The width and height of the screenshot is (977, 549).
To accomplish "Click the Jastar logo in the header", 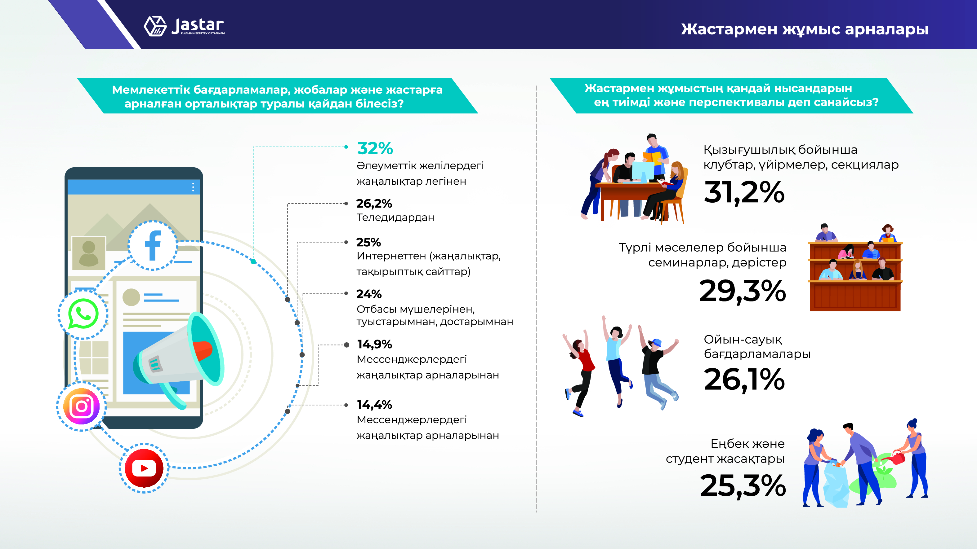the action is click(184, 26).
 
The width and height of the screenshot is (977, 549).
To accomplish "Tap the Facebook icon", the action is click(153, 245).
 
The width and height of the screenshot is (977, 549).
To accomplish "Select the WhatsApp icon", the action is click(83, 314).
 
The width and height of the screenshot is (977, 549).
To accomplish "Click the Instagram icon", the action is click(82, 406).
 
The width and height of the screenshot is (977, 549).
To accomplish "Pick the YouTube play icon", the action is click(144, 468).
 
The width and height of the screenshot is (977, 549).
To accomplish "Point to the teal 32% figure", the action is click(375, 148).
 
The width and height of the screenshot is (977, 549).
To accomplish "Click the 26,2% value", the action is click(374, 204).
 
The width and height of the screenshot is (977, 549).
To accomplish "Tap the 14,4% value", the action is click(374, 405).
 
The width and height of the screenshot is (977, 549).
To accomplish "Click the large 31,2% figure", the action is click(744, 192).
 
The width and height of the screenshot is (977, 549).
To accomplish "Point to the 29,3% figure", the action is click(743, 291).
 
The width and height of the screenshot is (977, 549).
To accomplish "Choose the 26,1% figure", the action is click(744, 379).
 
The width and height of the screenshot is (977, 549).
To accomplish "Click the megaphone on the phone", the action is click(179, 358).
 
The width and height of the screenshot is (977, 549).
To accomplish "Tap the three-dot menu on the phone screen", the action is click(193, 187).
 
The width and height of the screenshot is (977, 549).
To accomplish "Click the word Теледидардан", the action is click(395, 217).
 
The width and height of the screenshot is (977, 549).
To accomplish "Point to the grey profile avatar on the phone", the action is click(89, 253).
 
